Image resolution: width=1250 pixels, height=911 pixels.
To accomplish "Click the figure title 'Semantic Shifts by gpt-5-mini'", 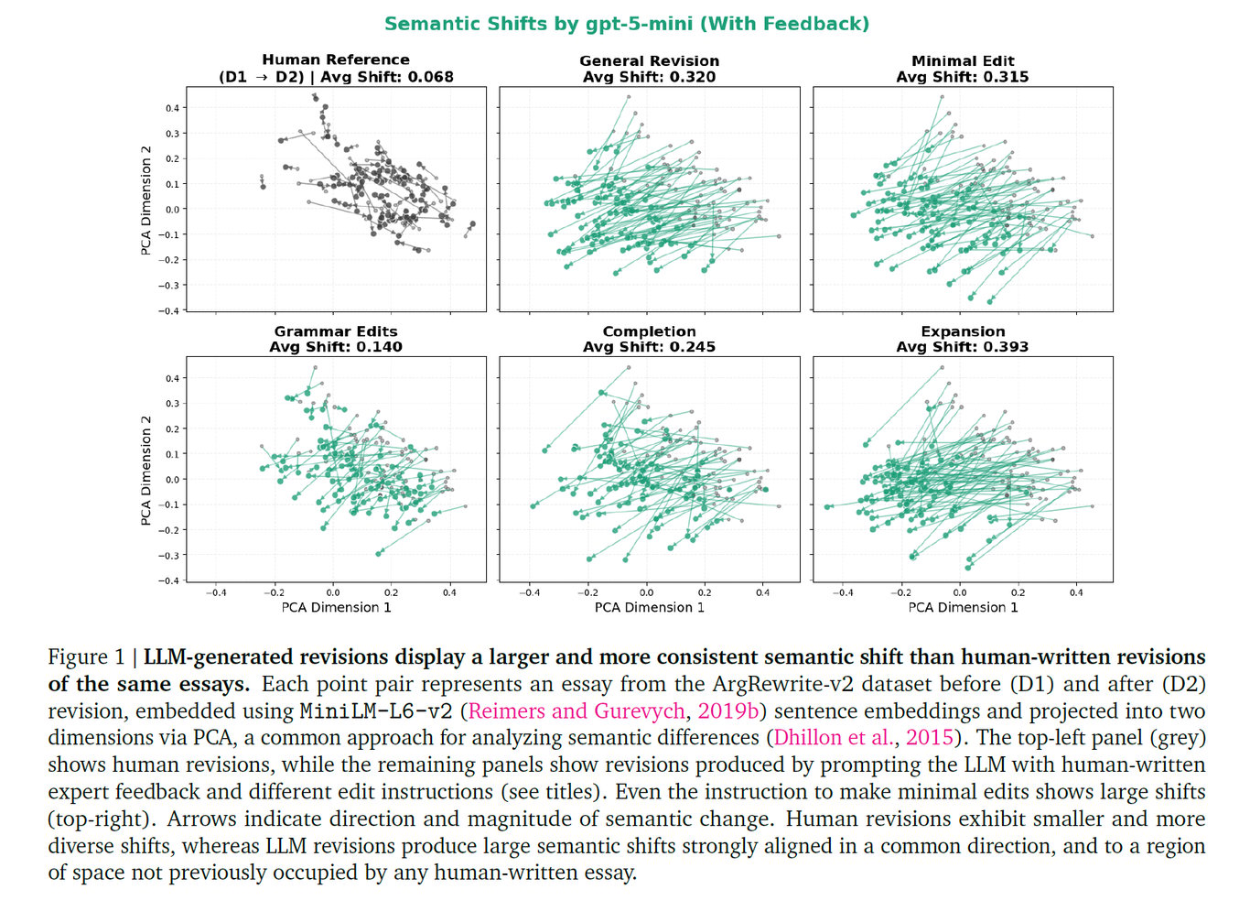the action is (x=538, y=24).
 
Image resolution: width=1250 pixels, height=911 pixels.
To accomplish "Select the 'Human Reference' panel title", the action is (x=336, y=60).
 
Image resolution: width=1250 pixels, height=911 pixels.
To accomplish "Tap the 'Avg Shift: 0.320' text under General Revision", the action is (x=649, y=77).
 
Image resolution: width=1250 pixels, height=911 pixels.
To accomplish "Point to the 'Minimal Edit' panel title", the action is (x=963, y=60).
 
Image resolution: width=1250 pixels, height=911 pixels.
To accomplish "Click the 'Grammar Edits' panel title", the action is (x=336, y=331).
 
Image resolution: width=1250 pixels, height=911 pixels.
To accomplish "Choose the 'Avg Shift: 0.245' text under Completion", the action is (x=649, y=347).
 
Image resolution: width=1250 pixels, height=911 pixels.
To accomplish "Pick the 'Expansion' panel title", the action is (x=963, y=331).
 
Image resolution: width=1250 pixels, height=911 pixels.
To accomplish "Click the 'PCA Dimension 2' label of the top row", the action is (x=146, y=201).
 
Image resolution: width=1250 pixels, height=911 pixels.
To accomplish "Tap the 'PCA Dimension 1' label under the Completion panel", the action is (x=649, y=607).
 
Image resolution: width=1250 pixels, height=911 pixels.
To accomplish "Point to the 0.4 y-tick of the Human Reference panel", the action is (x=172, y=108).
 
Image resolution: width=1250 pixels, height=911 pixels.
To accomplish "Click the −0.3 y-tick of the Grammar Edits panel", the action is (x=168, y=556).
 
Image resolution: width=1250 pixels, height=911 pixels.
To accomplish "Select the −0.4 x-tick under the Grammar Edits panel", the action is (x=215, y=592).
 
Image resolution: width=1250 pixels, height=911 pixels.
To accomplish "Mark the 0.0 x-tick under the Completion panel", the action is (x=646, y=592).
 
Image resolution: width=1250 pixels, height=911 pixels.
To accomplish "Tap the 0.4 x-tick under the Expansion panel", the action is (x=1076, y=592).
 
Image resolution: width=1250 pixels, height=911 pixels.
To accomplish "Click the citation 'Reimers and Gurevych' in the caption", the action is (x=577, y=710).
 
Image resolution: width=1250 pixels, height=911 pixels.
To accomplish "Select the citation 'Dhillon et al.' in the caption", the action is (x=835, y=737).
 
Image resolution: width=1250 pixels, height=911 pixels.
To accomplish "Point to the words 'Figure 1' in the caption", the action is (x=87, y=656).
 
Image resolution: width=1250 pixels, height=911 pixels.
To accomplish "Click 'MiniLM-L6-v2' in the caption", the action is (x=376, y=711).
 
